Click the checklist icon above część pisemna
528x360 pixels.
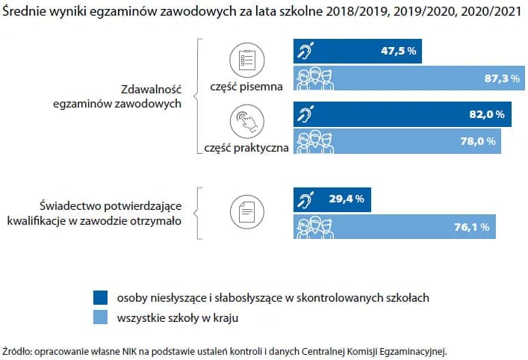(x=246, y=58)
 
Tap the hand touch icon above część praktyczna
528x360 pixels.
(x=246, y=120)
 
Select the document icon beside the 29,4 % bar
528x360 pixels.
(x=246, y=212)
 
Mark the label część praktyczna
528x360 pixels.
(x=246, y=148)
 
